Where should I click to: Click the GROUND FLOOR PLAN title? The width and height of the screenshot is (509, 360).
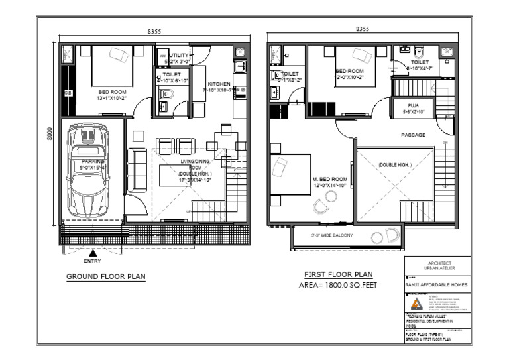[x=106, y=276]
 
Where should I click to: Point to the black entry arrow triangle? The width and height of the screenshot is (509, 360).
[x=93, y=251]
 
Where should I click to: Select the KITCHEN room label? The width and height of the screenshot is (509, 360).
[x=219, y=84]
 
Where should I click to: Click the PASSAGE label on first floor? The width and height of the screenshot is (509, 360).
[x=413, y=135]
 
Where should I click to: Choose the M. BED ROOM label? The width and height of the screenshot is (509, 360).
[x=329, y=180]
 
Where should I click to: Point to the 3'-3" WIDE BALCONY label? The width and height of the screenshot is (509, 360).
[x=333, y=235]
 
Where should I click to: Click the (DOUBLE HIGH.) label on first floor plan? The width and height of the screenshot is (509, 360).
[x=395, y=164]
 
